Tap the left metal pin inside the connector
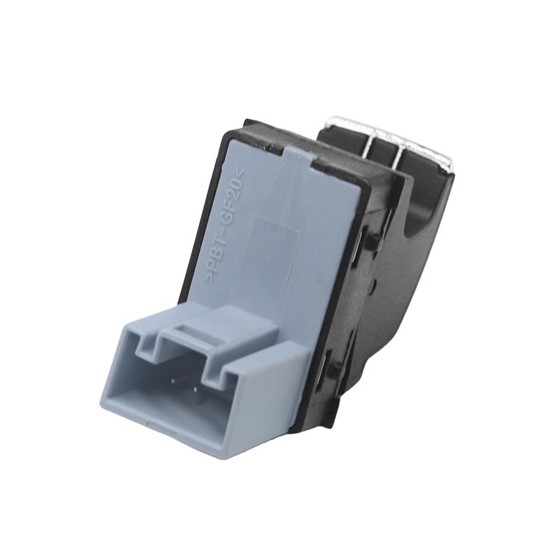point(173,381)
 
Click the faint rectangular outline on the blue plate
point(276,242)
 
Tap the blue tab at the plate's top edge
point(300,156)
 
